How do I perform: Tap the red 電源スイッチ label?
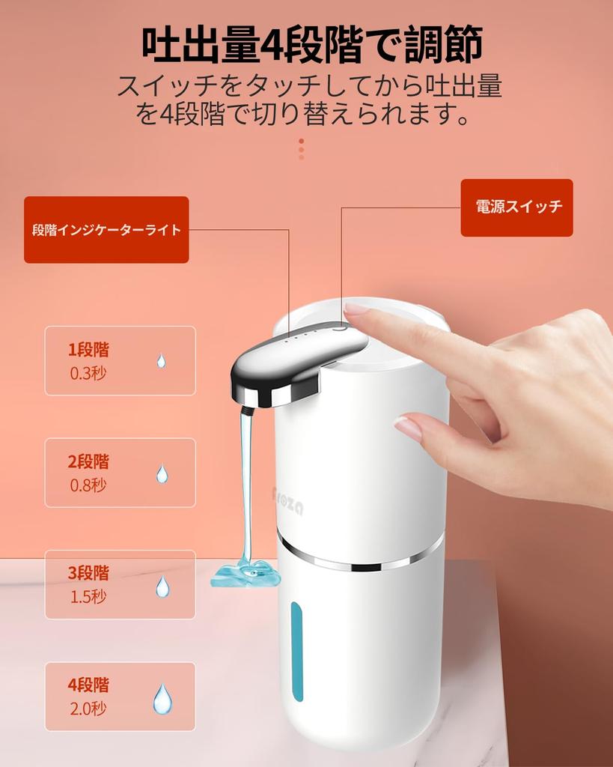[x=517, y=207]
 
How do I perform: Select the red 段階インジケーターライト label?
[x=106, y=230]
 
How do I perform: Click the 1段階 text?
[x=88, y=349]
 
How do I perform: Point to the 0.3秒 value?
[x=88, y=372]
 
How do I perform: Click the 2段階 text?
[x=88, y=461]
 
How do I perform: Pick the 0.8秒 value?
[x=88, y=485]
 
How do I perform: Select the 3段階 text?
[x=88, y=573]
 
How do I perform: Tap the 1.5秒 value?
[x=88, y=596]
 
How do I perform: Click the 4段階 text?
[x=88, y=685]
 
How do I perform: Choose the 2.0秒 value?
[x=88, y=708]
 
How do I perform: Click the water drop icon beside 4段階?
[x=162, y=698]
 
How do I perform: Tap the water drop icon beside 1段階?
[x=161, y=361]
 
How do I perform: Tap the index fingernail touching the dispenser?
[x=356, y=309]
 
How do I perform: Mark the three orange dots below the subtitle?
[x=301, y=148]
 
